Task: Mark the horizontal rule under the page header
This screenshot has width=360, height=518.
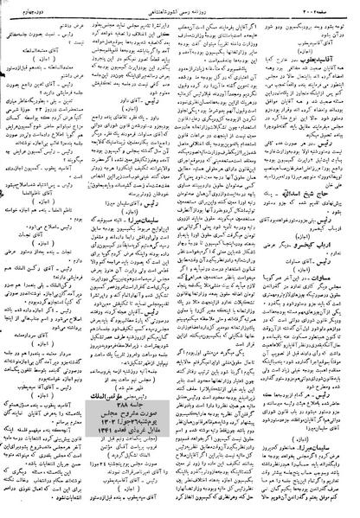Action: click(179, 15)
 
